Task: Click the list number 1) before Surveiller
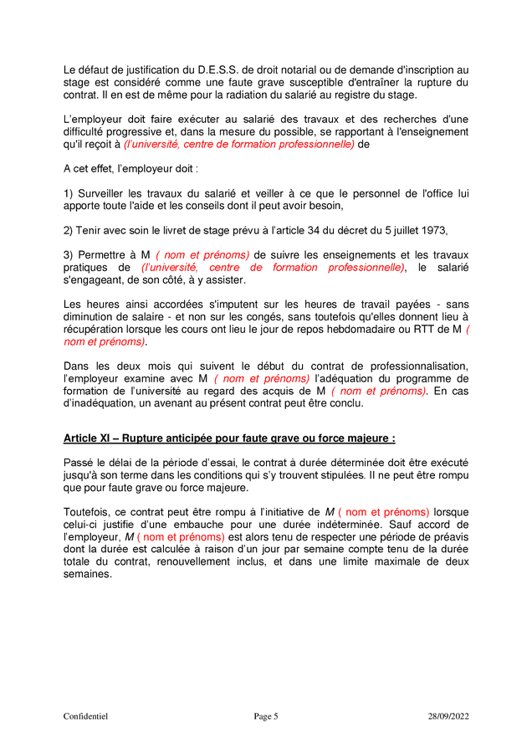(69, 194)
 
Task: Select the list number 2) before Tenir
(69, 231)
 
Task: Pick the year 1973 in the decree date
(433, 231)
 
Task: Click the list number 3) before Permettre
(69, 255)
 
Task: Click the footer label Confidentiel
(85, 716)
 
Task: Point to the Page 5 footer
(266, 716)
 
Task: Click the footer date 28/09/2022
(448, 716)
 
